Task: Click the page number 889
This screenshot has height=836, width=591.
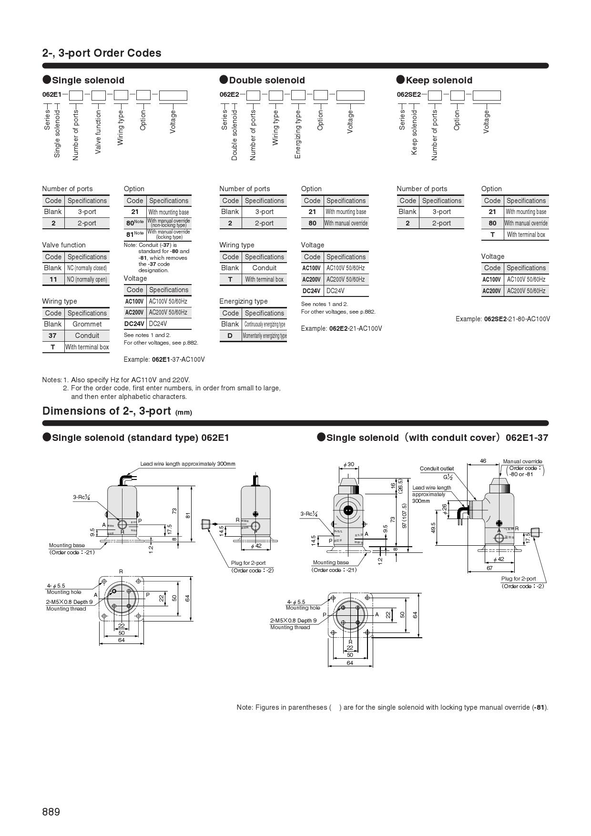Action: click(51, 812)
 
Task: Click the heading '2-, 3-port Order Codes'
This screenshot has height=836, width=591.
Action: click(102, 53)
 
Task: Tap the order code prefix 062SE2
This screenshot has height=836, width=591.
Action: click(408, 94)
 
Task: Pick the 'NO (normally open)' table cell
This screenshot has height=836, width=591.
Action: click(87, 279)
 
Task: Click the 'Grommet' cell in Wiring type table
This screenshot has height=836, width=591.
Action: click(87, 324)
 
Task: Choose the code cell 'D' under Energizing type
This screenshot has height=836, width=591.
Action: click(230, 336)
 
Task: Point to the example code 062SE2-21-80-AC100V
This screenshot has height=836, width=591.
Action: click(503, 319)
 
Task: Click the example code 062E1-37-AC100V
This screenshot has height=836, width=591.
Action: click(164, 359)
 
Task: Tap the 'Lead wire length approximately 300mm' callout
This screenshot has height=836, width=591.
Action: click(188, 464)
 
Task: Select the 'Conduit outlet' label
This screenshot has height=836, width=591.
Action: click(437, 469)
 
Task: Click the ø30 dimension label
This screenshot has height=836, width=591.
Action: click(349, 464)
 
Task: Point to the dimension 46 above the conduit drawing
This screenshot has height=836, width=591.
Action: click(483, 461)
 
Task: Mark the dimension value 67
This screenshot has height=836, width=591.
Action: click(489, 568)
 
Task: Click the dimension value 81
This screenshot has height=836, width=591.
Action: click(188, 515)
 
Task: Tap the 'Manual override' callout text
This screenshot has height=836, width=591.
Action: click(522, 461)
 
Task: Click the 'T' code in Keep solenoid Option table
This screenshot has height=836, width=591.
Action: click(492, 234)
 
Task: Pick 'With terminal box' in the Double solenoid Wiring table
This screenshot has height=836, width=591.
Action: click(265, 279)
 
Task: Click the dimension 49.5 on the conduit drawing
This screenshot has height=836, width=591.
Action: click(434, 528)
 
